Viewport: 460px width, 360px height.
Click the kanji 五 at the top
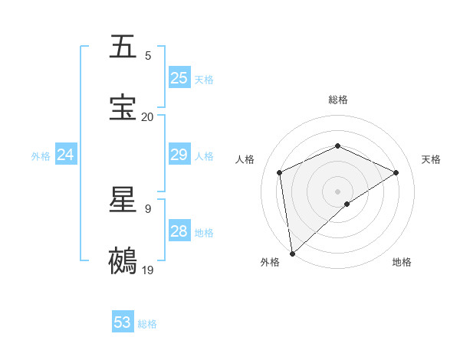tap(123, 47)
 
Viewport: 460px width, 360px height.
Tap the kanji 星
tap(123, 201)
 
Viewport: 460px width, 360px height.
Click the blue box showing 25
tap(179, 78)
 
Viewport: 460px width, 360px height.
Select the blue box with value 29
tap(179, 155)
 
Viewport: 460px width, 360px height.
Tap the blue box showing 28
tap(179, 231)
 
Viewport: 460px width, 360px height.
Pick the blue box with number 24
tap(66, 155)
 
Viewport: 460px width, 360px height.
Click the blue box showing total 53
tap(123, 322)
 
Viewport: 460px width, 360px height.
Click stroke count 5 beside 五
tap(148, 56)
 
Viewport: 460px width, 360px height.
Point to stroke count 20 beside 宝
tap(147, 116)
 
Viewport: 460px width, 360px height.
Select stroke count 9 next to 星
tap(148, 208)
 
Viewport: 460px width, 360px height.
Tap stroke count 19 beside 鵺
tap(148, 270)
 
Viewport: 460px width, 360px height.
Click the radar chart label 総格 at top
tap(338, 100)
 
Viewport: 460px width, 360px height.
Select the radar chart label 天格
tap(432, 159)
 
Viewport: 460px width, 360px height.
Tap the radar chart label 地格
tap(402, 262)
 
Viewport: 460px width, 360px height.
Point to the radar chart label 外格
tap(270, 262)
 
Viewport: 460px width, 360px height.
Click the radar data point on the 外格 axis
tap(292, 254)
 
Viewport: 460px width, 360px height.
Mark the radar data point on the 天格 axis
tap(396, 172)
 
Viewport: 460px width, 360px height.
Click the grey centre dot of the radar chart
tap(338, 191)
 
